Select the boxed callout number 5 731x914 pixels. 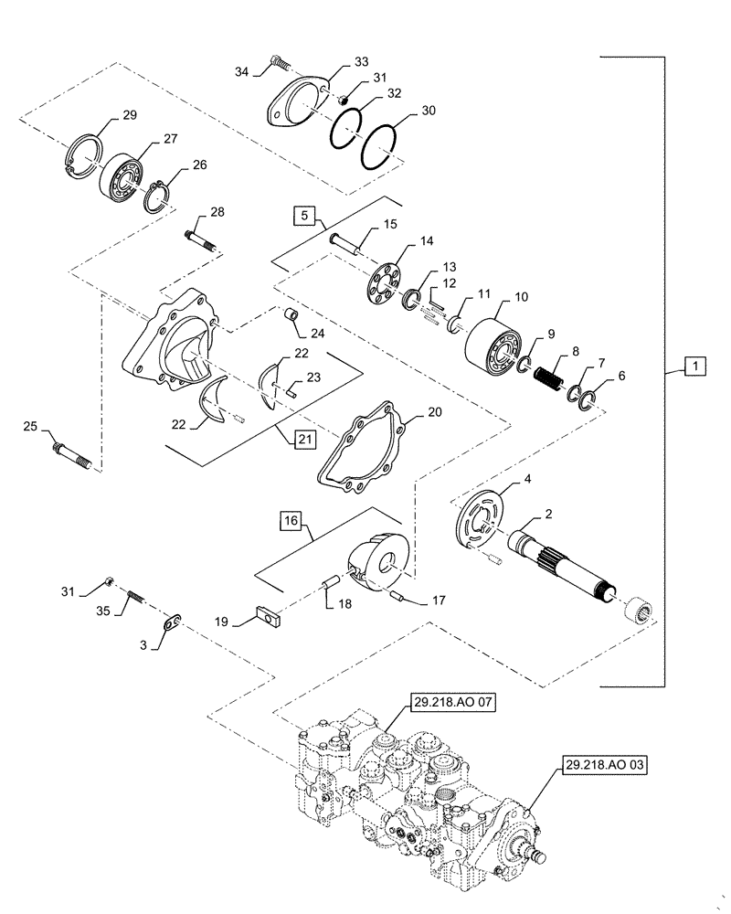305,218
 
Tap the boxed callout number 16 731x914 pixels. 291,521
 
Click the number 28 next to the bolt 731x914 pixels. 217,212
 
